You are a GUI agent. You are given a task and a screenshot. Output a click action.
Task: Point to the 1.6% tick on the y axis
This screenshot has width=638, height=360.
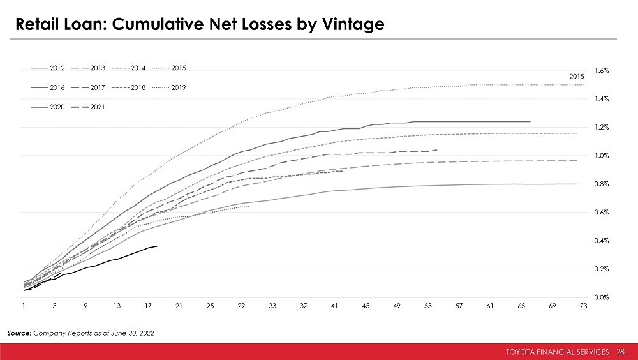(x=601, y=71)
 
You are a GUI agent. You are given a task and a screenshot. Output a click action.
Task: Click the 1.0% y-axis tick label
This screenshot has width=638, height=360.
(x=601, y=156)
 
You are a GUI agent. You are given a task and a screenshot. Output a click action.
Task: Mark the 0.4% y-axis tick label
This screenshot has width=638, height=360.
(x=601, y=241)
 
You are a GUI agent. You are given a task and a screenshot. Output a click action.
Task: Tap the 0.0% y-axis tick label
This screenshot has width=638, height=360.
(x=601, y=297)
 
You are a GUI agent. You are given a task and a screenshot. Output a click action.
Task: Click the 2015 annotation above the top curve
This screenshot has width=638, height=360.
(x=576, y=77)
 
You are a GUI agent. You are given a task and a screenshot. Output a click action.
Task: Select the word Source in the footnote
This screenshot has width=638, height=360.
(x=19, y=333)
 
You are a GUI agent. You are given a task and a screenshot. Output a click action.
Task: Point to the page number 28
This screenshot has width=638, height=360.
(x=621, y=352)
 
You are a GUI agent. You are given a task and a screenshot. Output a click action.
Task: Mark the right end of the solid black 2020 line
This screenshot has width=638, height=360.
(x=157, y=246)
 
